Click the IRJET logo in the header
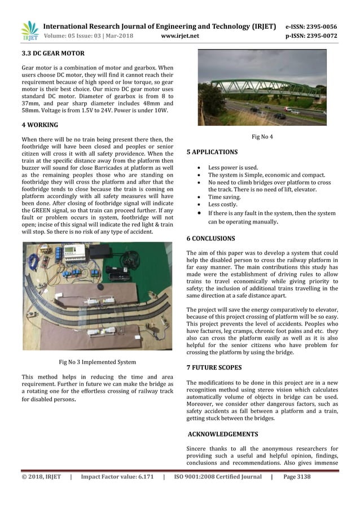point(29,32)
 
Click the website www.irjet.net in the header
point(180,37)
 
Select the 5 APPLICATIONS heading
point(212,152)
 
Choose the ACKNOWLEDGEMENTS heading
point(223,435)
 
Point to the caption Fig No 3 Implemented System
point(97,362)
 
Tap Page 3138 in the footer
point(296,477)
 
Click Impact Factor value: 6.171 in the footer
point(117,477)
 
